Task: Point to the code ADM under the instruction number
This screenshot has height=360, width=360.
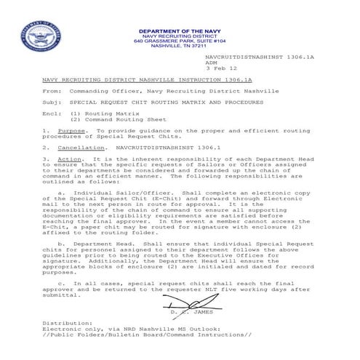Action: coord(212,63)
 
